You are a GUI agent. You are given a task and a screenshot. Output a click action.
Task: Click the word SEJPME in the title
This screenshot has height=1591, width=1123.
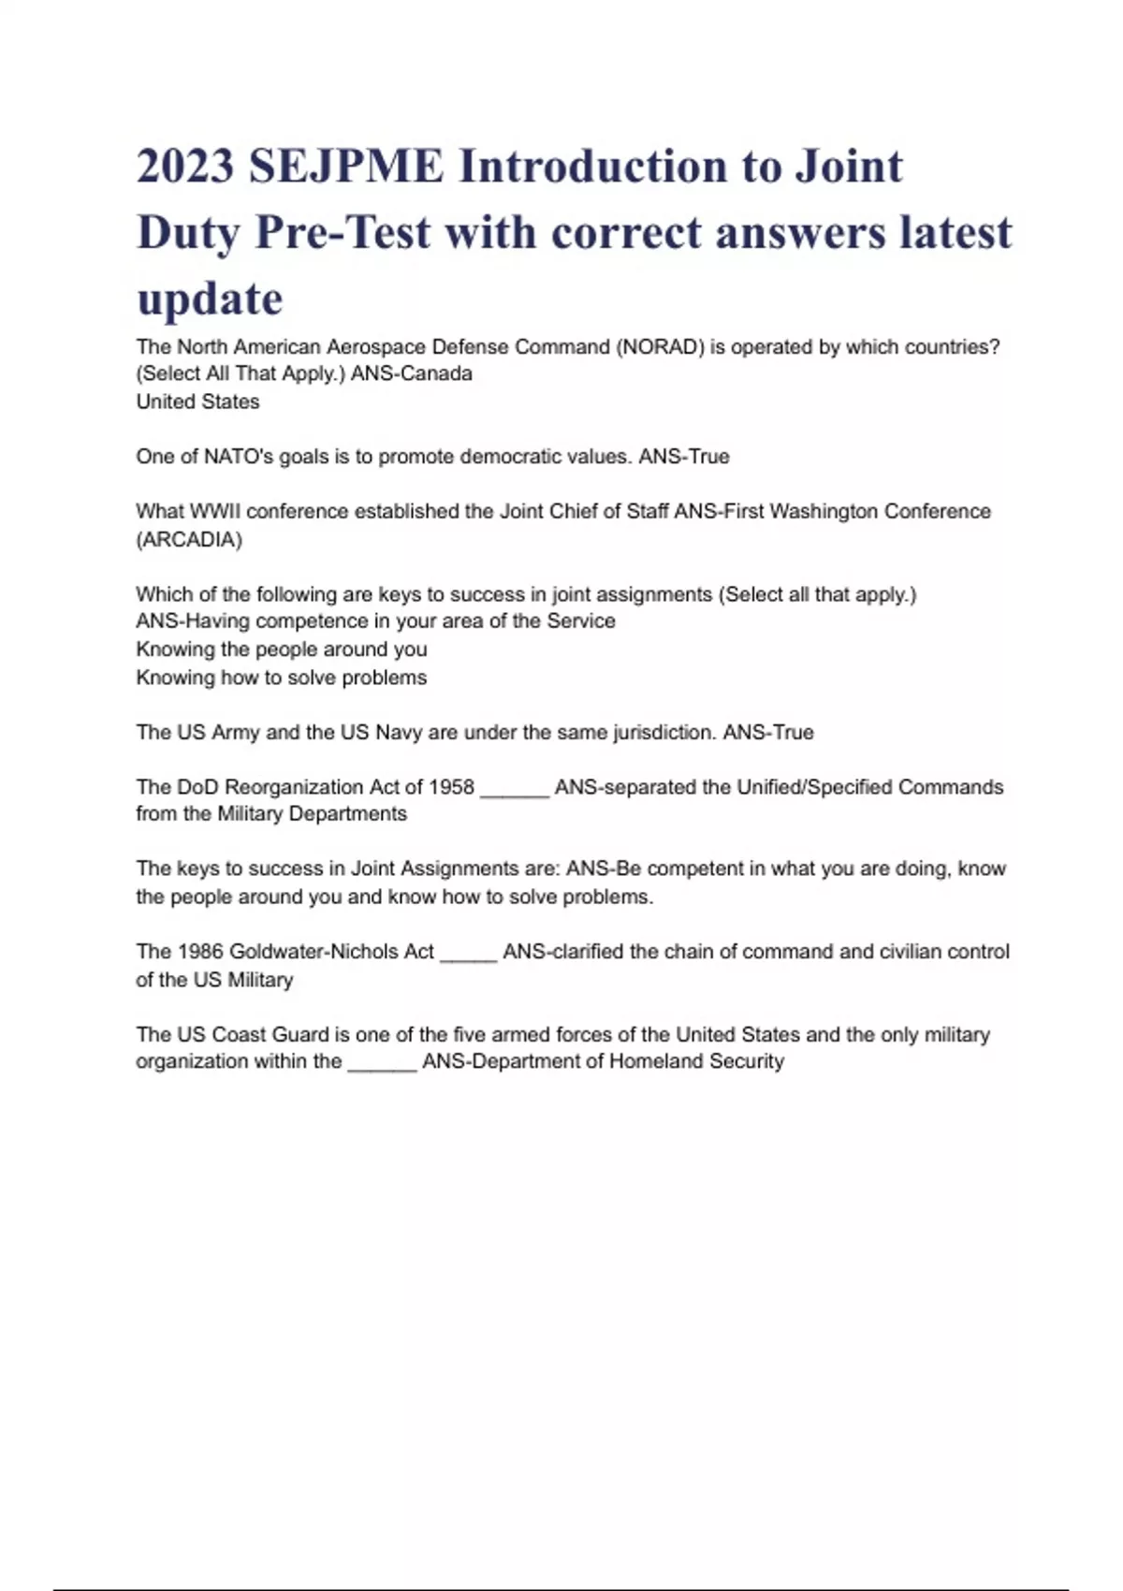(x=345, y=167)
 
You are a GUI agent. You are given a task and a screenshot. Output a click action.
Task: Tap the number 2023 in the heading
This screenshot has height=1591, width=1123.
(x=185, y=167)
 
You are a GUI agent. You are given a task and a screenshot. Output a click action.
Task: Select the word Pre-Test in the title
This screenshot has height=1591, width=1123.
(x=343, y=232)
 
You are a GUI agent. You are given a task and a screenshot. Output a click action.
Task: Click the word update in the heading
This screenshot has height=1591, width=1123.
(x=210, y=299)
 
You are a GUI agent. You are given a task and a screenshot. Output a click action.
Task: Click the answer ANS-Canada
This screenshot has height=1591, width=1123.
(x=412, y=374)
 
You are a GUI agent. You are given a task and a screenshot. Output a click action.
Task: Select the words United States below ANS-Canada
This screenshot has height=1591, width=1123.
(x=197, y=402)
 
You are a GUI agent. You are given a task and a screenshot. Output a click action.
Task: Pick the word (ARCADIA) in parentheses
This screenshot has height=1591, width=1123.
(x=189, y=540)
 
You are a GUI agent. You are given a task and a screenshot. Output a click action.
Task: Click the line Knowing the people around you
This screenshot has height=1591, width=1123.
(x=282, y=650)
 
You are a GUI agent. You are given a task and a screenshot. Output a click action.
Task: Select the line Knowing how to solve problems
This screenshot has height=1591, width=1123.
(x=282, y=678)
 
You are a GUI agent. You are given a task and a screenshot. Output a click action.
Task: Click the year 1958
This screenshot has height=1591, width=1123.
(x=451, y=787)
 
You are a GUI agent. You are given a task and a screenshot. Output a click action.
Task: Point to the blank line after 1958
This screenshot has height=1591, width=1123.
(x=515, y=792)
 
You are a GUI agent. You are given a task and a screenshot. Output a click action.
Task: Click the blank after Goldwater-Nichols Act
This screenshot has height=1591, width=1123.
(x=468, y=956)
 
